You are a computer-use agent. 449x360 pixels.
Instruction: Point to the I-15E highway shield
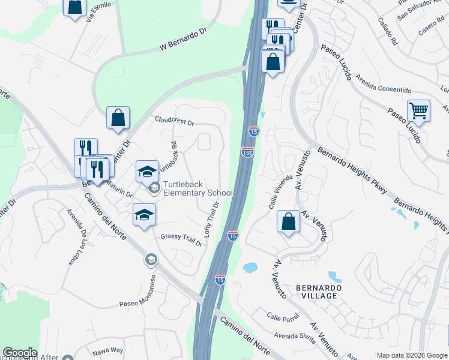247,152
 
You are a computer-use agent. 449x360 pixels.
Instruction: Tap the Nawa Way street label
107,350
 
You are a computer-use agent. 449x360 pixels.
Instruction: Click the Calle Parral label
283,318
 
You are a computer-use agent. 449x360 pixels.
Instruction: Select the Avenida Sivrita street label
295,336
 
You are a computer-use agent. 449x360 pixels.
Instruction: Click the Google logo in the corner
20,353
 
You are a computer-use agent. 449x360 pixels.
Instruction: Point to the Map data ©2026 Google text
411,355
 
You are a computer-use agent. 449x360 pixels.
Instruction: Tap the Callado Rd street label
388,32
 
